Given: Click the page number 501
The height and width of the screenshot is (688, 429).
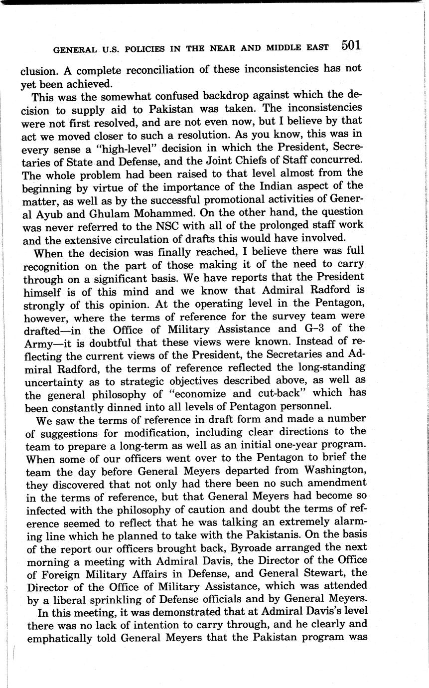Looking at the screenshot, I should [x=351, y=45].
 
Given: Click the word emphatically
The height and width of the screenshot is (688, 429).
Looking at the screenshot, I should [x=61, y=638].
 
